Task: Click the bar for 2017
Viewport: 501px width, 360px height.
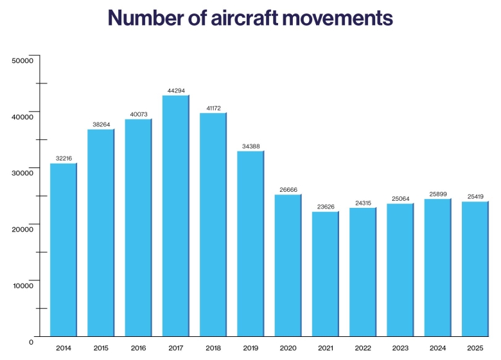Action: click(x=175, y=215)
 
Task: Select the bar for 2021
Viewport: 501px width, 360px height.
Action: click(x=325, y=273)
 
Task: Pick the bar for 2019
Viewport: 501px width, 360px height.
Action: click(x=251, y=243)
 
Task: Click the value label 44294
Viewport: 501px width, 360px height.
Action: click(x=176, y=91)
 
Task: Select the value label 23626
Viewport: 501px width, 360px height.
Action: click(x=326, y=207)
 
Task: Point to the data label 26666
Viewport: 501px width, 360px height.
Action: click(x=288, y=190)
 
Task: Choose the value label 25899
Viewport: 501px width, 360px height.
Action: click(x=437, y=194)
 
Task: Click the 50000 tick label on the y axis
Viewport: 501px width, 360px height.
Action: click(x=22, y=61)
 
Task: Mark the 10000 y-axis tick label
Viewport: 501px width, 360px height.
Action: click(x=22, y=286)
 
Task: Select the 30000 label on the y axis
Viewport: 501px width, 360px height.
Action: click(x=22, y=173)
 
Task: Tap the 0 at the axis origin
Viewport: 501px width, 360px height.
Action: click(x=31, y=342)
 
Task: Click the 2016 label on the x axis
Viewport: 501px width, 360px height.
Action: click(x=138, y=348)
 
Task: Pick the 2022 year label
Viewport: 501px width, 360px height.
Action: click(x=363, y=348)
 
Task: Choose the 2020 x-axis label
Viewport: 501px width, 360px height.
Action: click(x=288, y=348)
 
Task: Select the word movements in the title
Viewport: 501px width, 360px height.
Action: click(x=340, y=17)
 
